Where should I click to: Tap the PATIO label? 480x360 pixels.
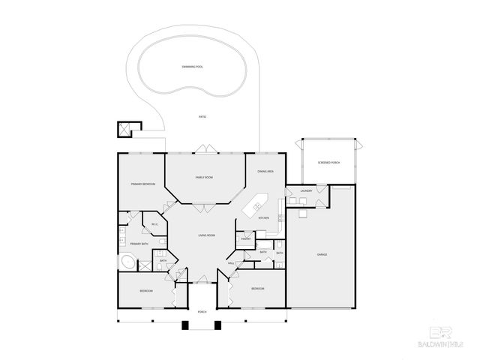click(202, 117)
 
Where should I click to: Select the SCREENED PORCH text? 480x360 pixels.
click(329, 163)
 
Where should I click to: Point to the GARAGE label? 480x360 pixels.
click(321, 254)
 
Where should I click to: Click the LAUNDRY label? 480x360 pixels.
click(306, 191)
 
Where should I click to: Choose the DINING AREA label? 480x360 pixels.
click(265, 172)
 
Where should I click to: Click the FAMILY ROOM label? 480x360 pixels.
click(204, 177)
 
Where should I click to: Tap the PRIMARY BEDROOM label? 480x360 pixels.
click(142, 184)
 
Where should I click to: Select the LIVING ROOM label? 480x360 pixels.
click(206, 235)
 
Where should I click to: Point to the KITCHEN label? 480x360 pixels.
click(263, 217)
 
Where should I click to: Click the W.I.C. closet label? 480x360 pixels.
click(154, 224)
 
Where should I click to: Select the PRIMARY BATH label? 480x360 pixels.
click(139, 244)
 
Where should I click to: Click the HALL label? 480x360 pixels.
click(231, 263)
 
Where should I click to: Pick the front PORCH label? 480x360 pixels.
click(202, 311)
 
